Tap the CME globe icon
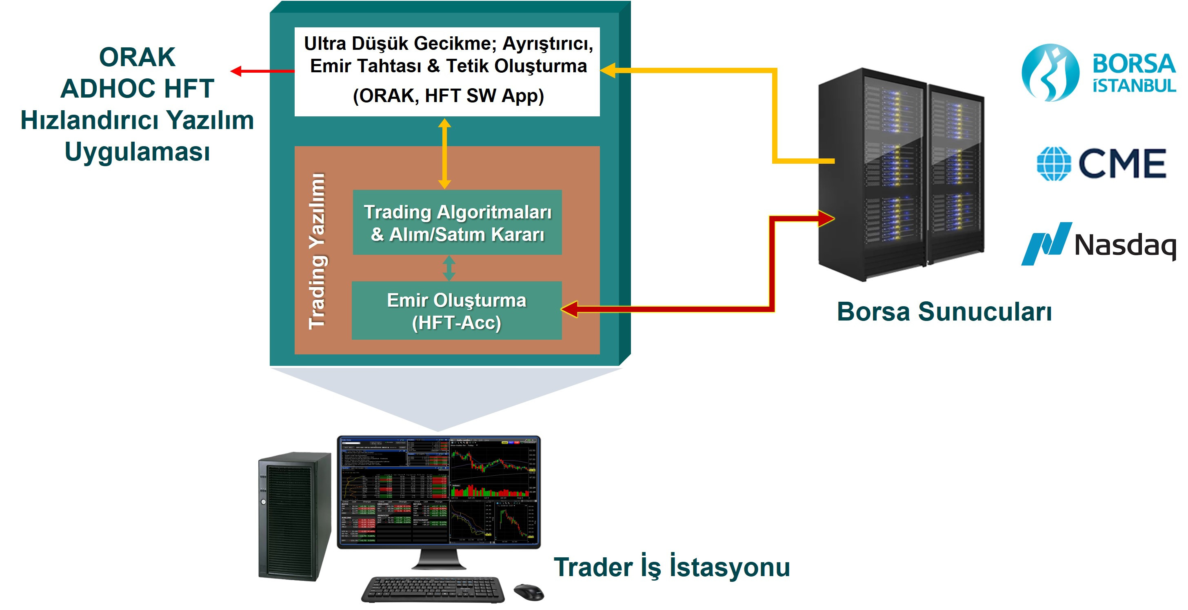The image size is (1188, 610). click(x=1054, y=164)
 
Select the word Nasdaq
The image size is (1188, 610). click(x=1125, y=245)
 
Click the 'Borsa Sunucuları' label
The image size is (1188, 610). click(x=944, y=312)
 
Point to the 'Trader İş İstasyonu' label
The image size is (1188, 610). click(x=671, y=567)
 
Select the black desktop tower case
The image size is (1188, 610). click(x=294, y=516)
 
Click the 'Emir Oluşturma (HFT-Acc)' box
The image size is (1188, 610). click(x=457, y=311)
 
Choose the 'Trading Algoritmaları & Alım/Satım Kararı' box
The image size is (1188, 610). click(x=457, y=223)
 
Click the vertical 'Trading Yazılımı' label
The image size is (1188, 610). click(x=317, y=251)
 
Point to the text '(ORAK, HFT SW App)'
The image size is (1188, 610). click(x=448, y=96)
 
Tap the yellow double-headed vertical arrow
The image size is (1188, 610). click(x=444, y=153)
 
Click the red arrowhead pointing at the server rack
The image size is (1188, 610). click(x=826, y=218)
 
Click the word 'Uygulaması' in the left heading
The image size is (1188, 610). click(x=137, y=151)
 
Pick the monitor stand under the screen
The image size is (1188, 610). click(x=438, y=560)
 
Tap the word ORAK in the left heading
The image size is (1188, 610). click(x=137, y=57)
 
